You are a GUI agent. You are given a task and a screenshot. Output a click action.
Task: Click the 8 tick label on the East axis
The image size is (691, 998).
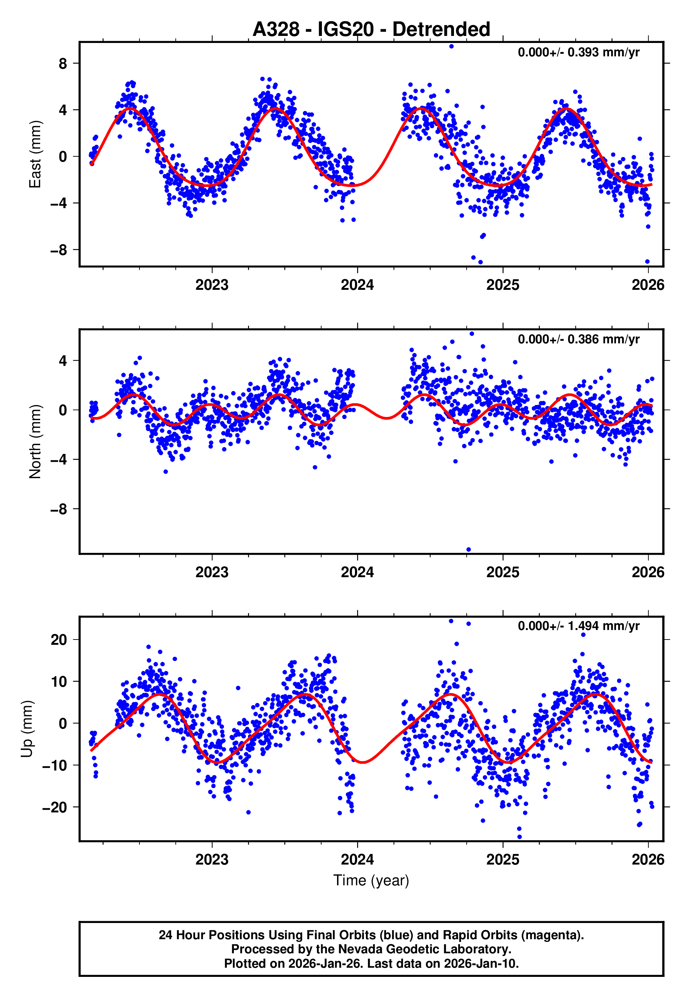click(x=63, y=64)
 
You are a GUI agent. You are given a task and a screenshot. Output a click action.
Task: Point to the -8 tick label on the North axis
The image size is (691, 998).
click(x=58, y=509)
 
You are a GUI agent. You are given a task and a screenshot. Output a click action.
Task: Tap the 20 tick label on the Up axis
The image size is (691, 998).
click(x=58, y=640)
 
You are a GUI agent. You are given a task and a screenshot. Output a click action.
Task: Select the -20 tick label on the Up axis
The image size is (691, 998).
click(x=55, y=807)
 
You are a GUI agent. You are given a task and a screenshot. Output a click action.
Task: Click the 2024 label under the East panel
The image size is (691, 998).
click(x=357, y=285)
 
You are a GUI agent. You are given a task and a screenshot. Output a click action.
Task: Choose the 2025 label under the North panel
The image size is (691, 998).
click(x=502, y=572)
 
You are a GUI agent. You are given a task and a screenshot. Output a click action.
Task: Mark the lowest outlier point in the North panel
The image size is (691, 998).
click(x=468, y=550)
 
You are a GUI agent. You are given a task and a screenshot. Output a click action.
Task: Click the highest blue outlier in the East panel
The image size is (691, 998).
click(x=452, y=46)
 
